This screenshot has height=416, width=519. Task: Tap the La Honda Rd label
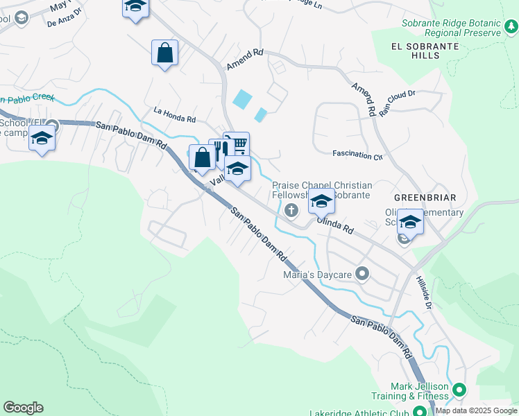click(x=175, y=111)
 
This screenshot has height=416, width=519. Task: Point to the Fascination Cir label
click(x=357, y=155)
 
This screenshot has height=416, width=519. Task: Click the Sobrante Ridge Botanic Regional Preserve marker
click(x=510, y=27)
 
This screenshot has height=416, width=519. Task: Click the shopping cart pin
click(x=236, y=144)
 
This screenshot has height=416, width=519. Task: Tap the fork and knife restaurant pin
click(x=221, y=150)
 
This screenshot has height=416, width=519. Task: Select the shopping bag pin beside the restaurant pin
click(x=202, y=157)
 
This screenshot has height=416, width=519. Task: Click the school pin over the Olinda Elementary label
click(x=410, y=222)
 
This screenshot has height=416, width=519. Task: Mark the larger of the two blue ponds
click(x=242, y=99)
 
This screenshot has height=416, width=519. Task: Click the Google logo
click(x=23, y=408)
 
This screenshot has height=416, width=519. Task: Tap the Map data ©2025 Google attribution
click(x=476, y=410)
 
